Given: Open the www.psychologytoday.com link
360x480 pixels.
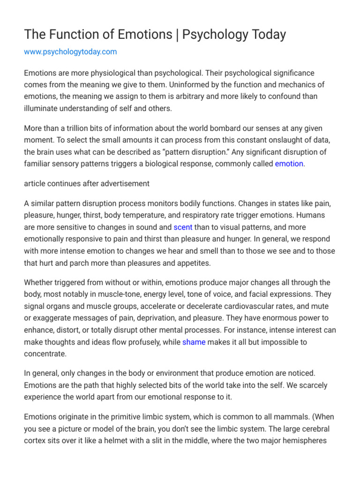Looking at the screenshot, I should pyautogui.click(x=70, y=52).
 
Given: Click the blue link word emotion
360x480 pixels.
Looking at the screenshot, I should pyautogui.click(x=289, y=164).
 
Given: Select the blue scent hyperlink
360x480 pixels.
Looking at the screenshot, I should pyautogui.click(x=183, y=227).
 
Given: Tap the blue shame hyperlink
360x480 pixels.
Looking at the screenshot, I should pyautogui.click(x=194, y=342).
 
